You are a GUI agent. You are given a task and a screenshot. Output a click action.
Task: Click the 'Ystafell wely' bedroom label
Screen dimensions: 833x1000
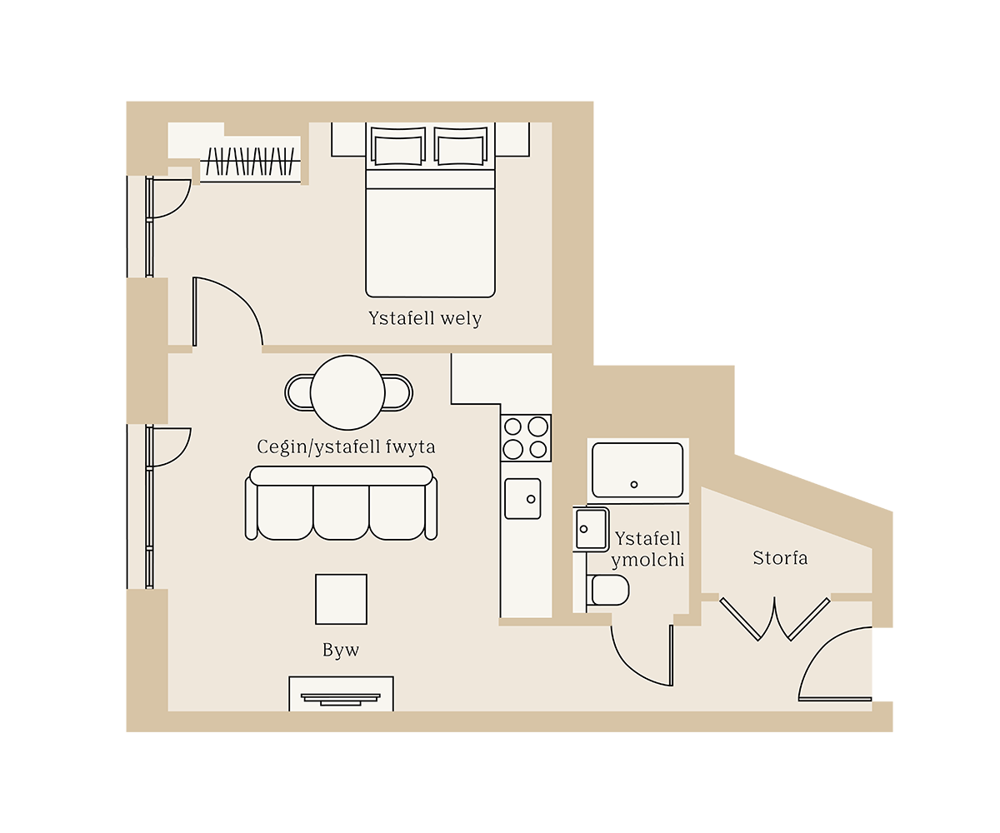coord(425,319)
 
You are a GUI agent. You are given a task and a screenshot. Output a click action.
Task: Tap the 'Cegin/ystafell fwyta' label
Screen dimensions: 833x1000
coord(346,447)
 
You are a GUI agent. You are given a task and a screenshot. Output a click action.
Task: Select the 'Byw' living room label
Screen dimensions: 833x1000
coord(341,651)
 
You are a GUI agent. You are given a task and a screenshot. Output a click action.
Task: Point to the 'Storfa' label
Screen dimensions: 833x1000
coord(780,558)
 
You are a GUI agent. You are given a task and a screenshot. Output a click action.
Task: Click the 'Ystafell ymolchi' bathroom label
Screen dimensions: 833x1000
coord(647,549)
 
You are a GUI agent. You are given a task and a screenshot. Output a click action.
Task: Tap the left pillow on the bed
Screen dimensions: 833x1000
coord(397,147)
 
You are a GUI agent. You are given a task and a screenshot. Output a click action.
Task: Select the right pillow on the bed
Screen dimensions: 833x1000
coord(461,147)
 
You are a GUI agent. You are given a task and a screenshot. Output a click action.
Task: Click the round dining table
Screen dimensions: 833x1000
coord(347,392)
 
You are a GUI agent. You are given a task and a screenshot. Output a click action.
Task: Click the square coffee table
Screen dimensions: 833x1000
coord(341,599)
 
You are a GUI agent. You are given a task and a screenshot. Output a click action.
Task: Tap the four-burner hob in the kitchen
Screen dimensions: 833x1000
coord(526,438)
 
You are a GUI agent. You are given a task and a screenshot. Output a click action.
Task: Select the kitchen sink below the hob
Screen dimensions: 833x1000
coord(522,498)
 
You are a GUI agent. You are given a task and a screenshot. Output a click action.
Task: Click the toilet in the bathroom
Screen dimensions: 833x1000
coord(609,590)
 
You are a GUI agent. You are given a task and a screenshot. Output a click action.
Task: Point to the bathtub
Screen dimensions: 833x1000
coord(637,470)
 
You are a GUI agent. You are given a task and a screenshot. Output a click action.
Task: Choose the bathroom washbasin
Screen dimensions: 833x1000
coord(592,529)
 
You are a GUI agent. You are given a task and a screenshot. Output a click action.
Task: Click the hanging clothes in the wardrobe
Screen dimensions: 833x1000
coord(251,161)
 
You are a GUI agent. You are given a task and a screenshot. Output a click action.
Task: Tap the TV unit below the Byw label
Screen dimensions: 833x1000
coord(341,695)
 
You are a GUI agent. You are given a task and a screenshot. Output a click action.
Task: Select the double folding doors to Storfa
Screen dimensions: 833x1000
coord(775,619)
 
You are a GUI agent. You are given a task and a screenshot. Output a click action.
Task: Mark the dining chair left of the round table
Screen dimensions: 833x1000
coord(298,392)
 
